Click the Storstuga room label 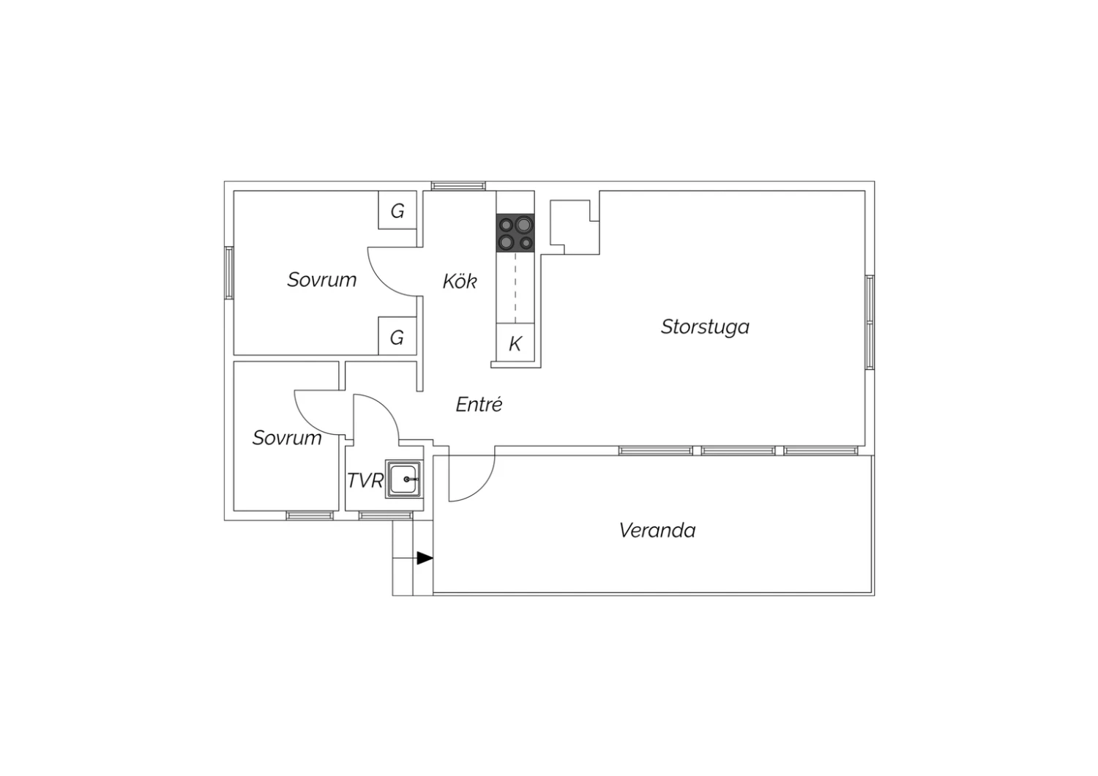click(x=705, y=327)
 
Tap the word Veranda click(x=657, y=531)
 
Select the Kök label click(x=459, y=281)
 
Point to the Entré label click(x=479, y=404)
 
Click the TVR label click(x=365, y=480)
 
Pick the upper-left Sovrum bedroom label click(x=321, y=280)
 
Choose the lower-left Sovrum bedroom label click(x=287, y=438)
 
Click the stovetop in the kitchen click(x=515, y=233)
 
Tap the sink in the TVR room click(x=403, y=479)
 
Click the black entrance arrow click(x=425, y=558)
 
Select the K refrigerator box click(x=515, y=343)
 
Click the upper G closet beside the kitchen click(x=397, y=210)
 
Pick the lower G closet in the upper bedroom click(x=397, y=336)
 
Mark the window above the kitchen click(x=458, y=186)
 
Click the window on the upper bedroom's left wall click(x=229, y=272)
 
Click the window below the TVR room click(x=385, y=515)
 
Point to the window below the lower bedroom click(x=310, y=515)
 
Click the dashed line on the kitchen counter click(x=515, y=288)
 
